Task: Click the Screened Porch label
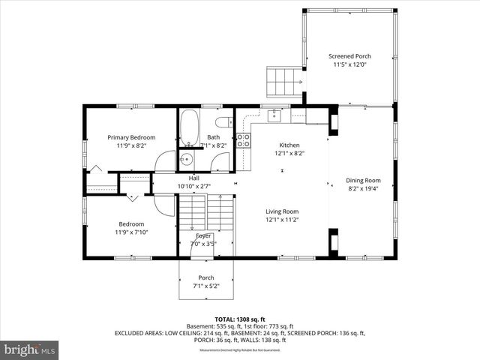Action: [349, 56]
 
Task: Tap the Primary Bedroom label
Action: [131, 137]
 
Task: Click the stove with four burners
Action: [243, 141]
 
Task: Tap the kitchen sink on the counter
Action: [275, 115]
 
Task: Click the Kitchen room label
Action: [289, 145]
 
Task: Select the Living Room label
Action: [282, 211]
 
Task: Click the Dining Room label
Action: [363, 180]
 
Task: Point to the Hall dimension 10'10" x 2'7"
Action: [194, 186]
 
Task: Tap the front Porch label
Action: [206, 277]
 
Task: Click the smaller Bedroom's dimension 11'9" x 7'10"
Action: [132, 232]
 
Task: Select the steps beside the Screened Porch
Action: [284, 81]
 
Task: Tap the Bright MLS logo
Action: [30, 349]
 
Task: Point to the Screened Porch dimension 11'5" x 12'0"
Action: [349, 65]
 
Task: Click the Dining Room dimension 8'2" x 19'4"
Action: [363, 189]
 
